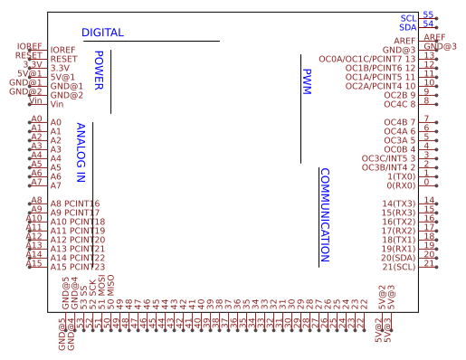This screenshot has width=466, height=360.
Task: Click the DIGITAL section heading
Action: (102, 33)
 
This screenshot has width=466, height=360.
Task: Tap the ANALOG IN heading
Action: (81, 154)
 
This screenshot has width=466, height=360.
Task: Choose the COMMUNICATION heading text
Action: (325, 215)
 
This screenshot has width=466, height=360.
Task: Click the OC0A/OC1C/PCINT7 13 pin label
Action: (368, 59)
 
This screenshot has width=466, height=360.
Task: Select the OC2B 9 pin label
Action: (400, 95)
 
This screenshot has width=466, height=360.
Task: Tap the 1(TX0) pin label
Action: (401, 176)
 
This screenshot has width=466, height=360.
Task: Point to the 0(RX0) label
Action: (401, 185)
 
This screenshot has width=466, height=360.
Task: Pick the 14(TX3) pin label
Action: (398, 204)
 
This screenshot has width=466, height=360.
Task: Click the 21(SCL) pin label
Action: (398, 267)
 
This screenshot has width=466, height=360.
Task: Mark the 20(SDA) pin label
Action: (398, 258)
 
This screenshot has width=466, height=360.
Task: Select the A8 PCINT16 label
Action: (75, 204)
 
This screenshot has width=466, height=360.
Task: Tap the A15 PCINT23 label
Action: (78, 267)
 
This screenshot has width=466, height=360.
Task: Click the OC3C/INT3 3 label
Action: (389, 158)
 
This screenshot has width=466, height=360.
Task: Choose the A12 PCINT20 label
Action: (78, 240)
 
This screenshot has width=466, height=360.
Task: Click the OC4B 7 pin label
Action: (400, 122)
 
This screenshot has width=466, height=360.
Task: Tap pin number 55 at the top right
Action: (428, 15)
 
